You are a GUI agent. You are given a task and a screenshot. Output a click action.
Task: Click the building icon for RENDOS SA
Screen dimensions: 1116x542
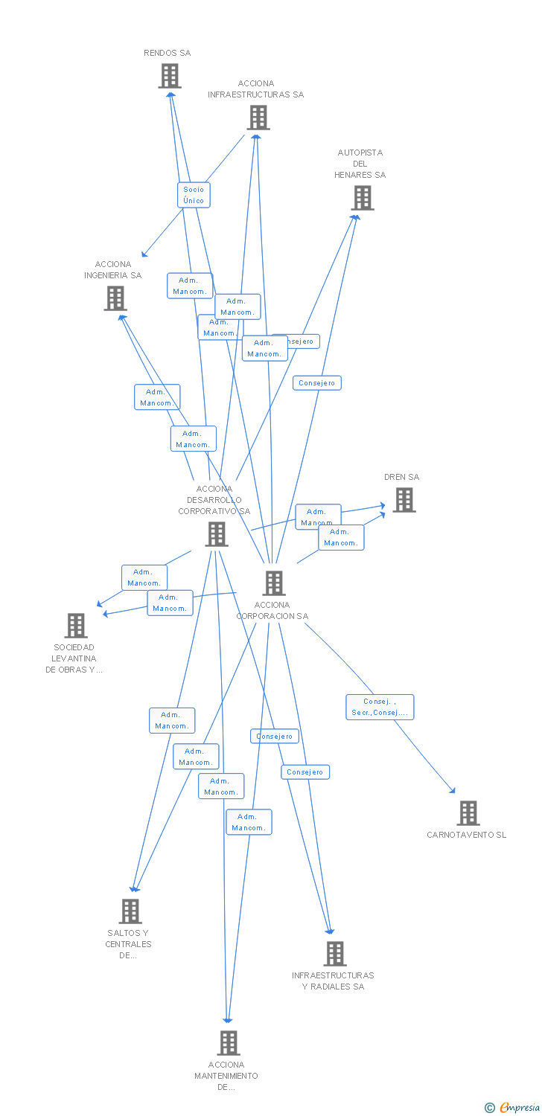170,76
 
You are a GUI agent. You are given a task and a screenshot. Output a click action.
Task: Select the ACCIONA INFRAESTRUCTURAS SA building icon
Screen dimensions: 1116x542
258,118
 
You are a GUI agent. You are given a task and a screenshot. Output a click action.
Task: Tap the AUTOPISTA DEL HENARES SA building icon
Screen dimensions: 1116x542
363,198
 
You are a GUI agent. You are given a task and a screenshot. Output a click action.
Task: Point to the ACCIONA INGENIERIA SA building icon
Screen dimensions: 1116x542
115,298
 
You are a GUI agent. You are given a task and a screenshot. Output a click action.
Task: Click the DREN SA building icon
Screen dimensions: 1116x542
404,500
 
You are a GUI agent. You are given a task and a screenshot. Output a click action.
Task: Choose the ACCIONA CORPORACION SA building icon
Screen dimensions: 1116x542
274,583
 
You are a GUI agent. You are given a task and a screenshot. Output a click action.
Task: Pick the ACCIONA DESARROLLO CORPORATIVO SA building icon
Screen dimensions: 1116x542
217,533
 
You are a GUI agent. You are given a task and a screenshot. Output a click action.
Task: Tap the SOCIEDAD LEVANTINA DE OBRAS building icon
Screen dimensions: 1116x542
76,626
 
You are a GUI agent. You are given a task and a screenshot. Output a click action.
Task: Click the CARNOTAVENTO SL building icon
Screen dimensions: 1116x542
468,813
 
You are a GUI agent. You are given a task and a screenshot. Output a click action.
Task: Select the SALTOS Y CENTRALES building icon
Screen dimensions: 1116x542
130,911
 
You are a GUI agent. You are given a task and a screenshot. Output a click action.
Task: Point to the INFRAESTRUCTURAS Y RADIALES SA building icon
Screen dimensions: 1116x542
335,954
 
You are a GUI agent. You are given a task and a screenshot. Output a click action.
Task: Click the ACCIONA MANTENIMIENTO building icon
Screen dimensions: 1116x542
229,1043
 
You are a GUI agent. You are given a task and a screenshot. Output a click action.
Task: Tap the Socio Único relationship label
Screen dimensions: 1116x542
194,195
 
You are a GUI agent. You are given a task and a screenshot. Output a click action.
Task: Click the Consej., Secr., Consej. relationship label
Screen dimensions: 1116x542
380,707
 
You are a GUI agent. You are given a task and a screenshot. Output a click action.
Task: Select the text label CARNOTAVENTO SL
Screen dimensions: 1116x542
466,835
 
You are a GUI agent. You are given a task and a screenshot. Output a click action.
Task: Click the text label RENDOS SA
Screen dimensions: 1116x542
168,54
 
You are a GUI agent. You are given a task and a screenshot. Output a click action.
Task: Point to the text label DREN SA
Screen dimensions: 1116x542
402,478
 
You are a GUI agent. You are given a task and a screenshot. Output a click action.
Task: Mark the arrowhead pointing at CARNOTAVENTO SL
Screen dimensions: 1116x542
452,791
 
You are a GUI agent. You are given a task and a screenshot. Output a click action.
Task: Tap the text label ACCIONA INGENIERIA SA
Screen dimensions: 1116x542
113,270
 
